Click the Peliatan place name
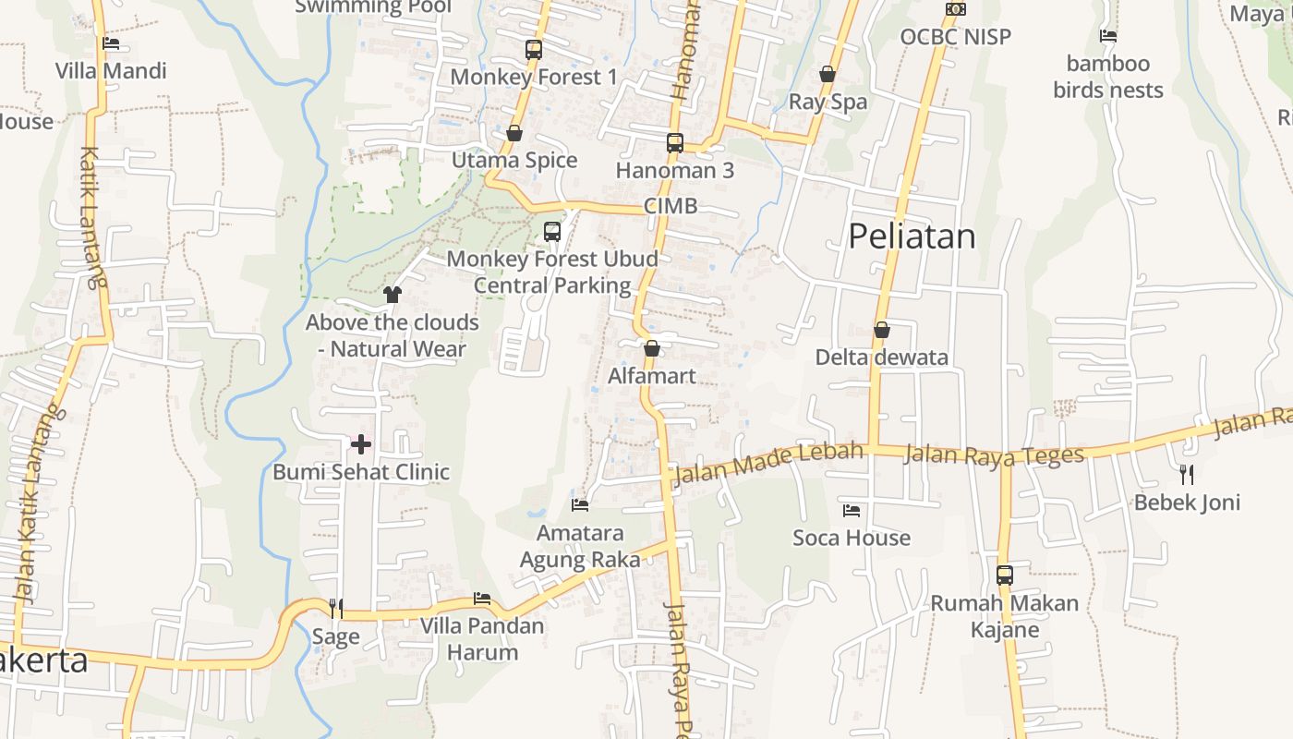click(912, 236)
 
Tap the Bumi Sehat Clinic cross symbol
click(361, 444)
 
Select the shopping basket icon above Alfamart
click(652, 348)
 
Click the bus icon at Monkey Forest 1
click(534, 50)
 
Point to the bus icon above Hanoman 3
click(675, 143)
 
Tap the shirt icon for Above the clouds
click(393, 295)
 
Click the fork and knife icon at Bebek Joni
click(1187, 475)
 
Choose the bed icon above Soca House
click(852, 510)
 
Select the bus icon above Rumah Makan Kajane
click(1005, 575)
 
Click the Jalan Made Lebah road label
click(769, 464)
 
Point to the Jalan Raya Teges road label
click(993, 454)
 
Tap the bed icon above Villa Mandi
click(111, 42)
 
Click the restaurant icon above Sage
click(336, 608)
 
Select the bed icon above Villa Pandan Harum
click(482, 599)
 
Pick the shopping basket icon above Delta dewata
click(882, 330)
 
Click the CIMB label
click(671, 206)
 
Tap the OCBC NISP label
click(956, 37)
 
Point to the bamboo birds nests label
click(1108, 77)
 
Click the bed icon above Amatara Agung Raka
click(580, 505)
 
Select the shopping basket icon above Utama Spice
click(514, 134)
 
